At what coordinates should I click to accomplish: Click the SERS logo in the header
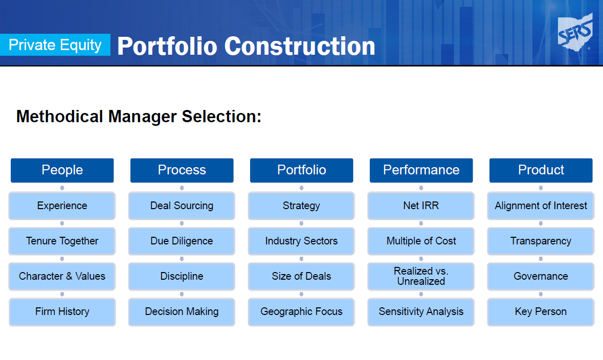[575, 32]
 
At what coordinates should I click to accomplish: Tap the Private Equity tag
[55, 45]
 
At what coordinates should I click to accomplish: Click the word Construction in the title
[300, 46]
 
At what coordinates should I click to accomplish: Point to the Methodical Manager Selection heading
[139, 116]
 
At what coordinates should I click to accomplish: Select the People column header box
[62, 170]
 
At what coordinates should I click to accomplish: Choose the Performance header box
[421, 170]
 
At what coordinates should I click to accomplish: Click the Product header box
[541, 170]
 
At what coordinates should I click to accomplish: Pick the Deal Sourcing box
[182, 206]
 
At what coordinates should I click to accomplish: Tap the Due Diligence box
[182, 241]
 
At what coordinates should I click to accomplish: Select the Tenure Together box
[62, 241]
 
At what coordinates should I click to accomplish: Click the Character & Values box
[62, 277]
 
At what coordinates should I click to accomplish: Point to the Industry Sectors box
[301, 241]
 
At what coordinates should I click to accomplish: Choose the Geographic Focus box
[301, 312]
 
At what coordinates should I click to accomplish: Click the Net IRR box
[421, 206]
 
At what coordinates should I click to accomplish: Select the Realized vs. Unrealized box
[421, 277]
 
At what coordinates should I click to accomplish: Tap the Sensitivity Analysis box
[421, 312]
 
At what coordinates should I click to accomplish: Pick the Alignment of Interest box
[541, 206]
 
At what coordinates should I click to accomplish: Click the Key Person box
[541, 312]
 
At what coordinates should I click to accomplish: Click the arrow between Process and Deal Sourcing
[182, 188]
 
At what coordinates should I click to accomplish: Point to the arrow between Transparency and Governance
[541, 259]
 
